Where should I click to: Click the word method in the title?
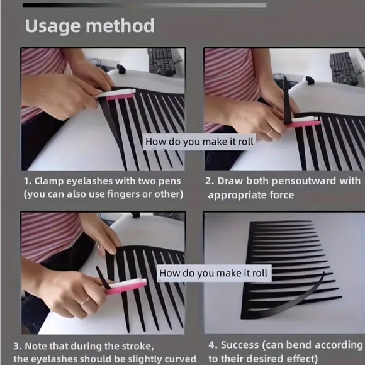click(x=120, y=25)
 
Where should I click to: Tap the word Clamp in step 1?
click(x=49, y=182)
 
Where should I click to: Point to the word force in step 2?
click(x=281, y=195)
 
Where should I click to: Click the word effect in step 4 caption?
click(x=301, y=359)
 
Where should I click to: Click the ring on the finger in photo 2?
click(x=270, y=133)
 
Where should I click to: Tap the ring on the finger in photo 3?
click(x=84, y=301)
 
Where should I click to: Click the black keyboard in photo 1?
click(x=162, y=62)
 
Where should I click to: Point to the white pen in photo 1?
click(x=115, y=93)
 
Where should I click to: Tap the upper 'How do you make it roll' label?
click(x=199, y=142)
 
